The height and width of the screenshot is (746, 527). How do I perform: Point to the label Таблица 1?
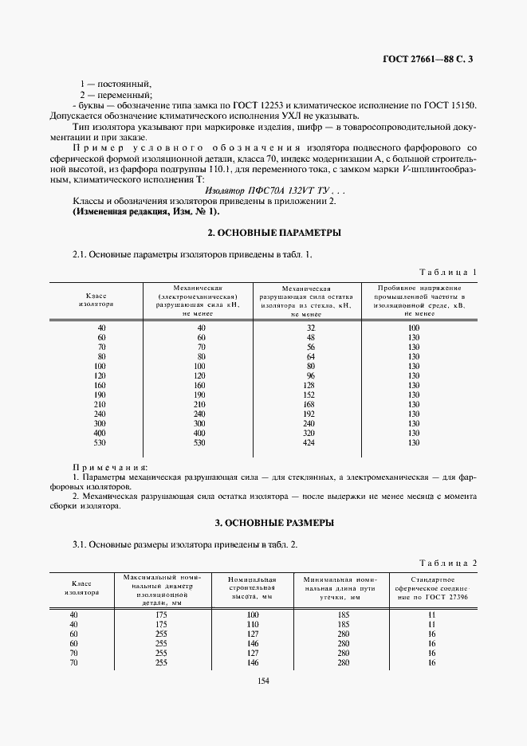pyautogui.click(x=449, y=272)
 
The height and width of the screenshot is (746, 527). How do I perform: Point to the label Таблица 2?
pyautogui.click(x=449, y=562)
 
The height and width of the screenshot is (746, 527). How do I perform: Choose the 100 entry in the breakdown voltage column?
pyautogui.click(x=413, y=328)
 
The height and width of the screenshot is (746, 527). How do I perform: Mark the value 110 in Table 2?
pyautogui.click(x=254, y=625)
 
